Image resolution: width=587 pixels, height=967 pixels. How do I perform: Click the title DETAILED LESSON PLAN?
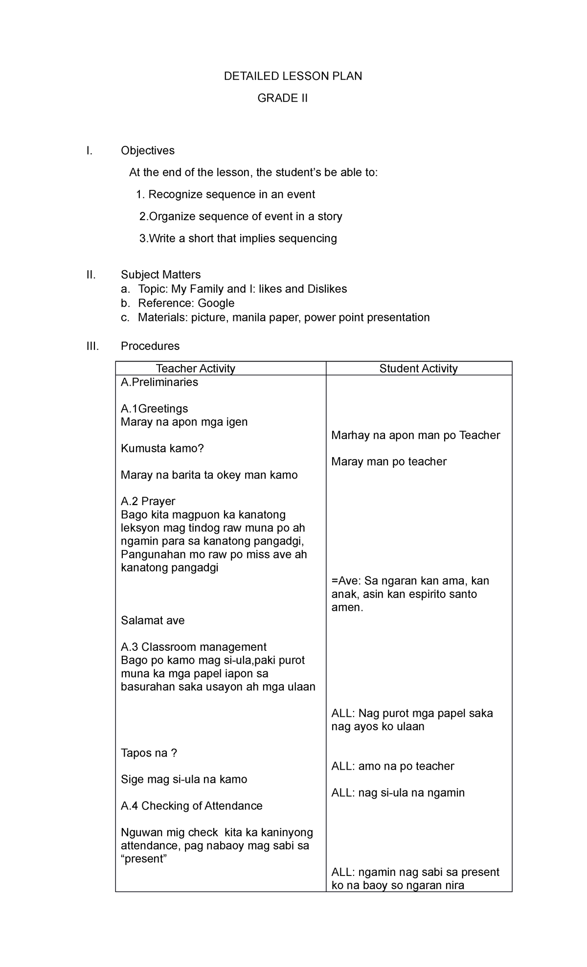293,76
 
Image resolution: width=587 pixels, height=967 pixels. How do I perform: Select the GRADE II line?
283,98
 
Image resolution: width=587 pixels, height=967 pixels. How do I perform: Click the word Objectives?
148,151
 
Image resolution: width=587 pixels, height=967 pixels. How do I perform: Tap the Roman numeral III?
92,346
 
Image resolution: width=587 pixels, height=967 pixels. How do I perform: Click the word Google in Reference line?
216,303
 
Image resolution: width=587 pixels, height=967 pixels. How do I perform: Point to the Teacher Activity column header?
195,368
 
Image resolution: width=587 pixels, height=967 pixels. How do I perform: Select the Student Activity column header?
418,368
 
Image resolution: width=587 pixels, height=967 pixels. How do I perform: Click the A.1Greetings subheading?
154,409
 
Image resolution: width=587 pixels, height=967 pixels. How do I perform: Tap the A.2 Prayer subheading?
148,501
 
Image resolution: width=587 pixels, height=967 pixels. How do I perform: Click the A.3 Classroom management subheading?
193,647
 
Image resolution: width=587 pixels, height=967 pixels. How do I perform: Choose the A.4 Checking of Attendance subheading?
191,806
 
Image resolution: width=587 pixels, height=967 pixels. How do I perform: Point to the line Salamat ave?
153,621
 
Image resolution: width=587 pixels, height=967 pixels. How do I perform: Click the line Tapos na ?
149,753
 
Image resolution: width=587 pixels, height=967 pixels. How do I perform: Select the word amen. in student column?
347,608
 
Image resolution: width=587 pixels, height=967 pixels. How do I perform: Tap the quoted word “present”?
144,859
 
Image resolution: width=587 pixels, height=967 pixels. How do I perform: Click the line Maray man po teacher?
388,461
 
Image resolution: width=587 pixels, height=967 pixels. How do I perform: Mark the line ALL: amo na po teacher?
392,766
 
